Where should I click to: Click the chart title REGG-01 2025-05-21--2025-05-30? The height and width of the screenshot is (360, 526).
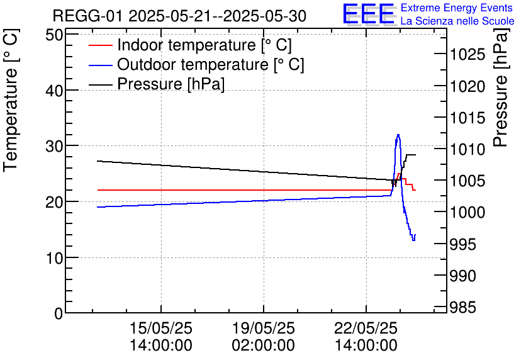(179, 16)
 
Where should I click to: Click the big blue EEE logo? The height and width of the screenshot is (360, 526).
(369, 14)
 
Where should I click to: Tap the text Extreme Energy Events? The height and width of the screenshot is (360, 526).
(456, 8)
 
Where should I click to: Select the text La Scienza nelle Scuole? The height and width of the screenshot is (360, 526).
(457, 21)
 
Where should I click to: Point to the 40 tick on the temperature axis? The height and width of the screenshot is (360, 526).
(55, 91)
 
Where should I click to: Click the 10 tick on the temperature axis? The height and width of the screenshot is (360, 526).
(55, 258)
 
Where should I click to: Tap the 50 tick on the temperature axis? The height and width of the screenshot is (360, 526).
(55, 35)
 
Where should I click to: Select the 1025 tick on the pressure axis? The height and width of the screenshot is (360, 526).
(468, 55)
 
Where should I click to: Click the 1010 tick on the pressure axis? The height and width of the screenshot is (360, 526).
(468, 150)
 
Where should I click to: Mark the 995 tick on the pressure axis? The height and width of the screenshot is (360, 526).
(465, 244)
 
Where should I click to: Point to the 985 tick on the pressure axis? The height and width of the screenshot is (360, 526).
(465, 307)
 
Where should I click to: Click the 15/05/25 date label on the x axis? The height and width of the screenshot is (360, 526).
(161, 329)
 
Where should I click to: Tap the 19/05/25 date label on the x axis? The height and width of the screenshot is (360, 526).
(263, 329)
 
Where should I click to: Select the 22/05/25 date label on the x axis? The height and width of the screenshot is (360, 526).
(366, 329)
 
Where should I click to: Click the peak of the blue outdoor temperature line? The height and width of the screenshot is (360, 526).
(398, 135)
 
